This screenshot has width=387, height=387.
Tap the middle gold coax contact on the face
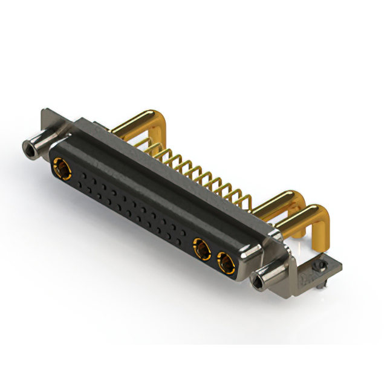click(201, 247)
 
